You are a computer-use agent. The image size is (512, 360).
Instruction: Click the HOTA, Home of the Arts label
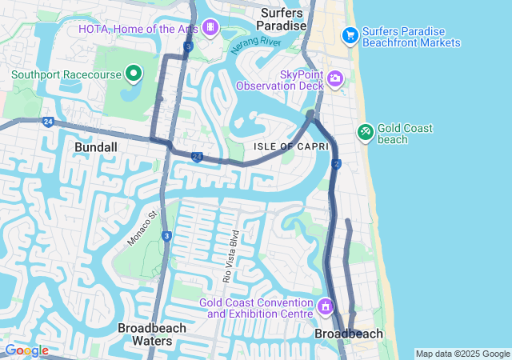pyautogui.click(x=137, y=29)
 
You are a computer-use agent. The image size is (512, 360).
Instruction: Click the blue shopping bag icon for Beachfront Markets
pyautogui.click(x=350, y=35)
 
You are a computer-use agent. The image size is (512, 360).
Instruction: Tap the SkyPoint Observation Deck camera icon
pyautogui.click(x=335, y=78)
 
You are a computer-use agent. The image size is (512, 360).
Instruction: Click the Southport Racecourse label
pyautogui.click(x=66, y=76)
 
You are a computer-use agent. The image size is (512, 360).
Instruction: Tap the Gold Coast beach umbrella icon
pyautogui.click(x=365, y=130)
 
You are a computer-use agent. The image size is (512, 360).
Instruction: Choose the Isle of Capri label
pyautogui.click(x=281, y=146)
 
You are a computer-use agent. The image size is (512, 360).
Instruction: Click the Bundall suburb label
pyautogui.click(x=96, y=147)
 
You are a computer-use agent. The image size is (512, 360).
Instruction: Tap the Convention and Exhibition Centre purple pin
pyautogui.click(x=326, y=306)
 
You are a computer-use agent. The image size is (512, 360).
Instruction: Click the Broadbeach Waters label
pyautogui.click(x=152, y=334)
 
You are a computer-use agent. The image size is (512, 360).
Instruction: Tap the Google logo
pyautogui.click(x=26, y=350)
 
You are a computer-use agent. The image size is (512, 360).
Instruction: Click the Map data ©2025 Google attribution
pyautogui.click(x=462, y=354)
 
